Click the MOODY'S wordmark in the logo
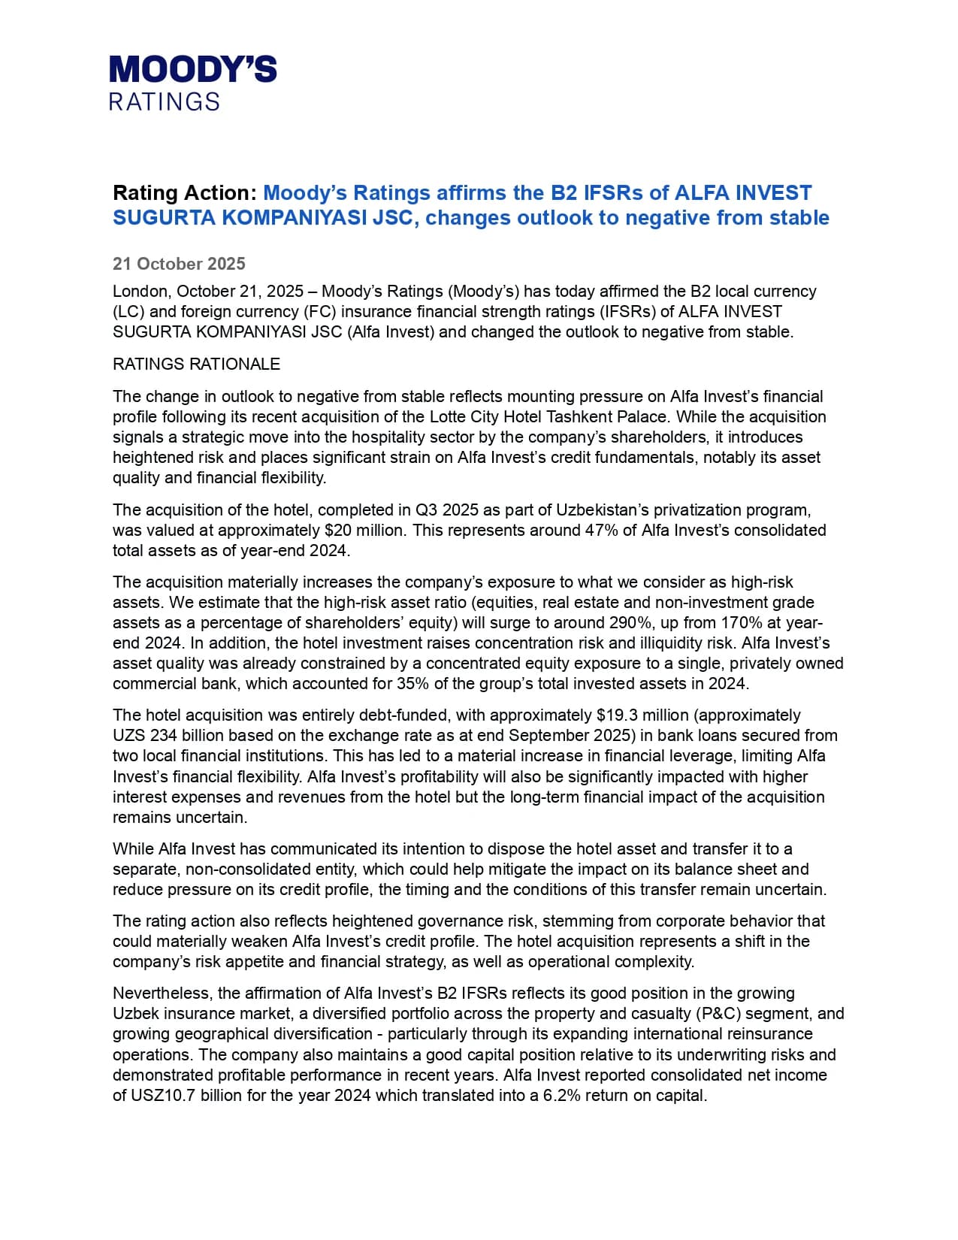193,69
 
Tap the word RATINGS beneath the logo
165,102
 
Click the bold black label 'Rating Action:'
185,193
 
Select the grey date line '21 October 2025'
179,264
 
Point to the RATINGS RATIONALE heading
196,364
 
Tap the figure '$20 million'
368,531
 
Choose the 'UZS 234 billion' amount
164,736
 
